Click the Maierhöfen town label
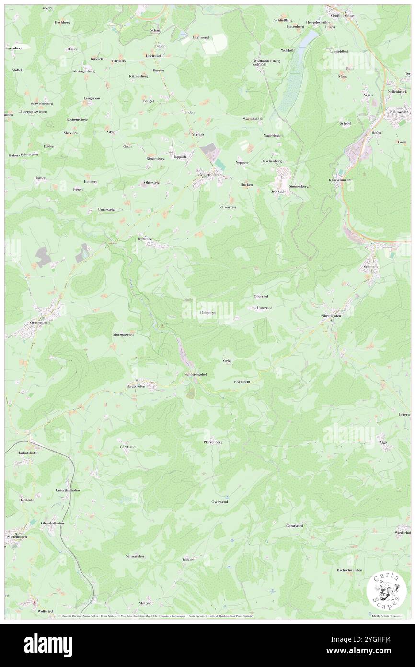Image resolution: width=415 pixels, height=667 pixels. coord(209,175)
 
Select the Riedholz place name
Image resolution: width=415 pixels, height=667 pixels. coord(145,238)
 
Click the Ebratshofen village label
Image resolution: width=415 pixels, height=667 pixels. coord(136,386)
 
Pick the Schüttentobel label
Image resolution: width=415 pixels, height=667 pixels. coord(195,374)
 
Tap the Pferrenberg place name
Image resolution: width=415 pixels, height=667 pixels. coord(213,442)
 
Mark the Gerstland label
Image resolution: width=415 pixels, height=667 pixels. coord(127,447)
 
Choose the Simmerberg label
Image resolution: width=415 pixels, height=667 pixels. coord(299,186)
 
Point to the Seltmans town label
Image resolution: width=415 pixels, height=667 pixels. coord(371,266)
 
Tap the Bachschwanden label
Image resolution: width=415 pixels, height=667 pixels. coord(349,570)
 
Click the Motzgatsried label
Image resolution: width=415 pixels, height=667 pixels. coord(123,334)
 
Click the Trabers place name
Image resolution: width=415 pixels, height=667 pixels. coord(188,560)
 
